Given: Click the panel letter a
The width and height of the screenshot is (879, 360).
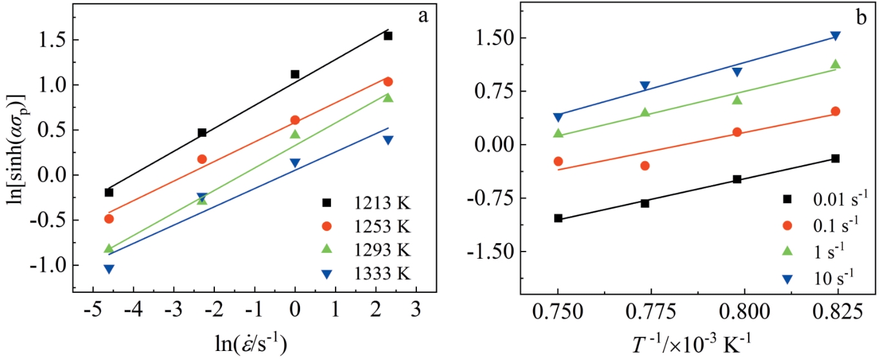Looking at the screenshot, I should pos(423,16).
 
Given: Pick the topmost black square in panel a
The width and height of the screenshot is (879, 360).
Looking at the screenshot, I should pos(388,36).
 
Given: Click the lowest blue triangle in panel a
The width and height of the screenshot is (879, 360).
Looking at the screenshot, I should pos(109,269).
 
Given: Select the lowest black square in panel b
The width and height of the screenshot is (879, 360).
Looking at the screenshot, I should pos(558,219).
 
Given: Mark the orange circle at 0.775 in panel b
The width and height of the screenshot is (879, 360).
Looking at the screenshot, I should pos(645,166).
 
